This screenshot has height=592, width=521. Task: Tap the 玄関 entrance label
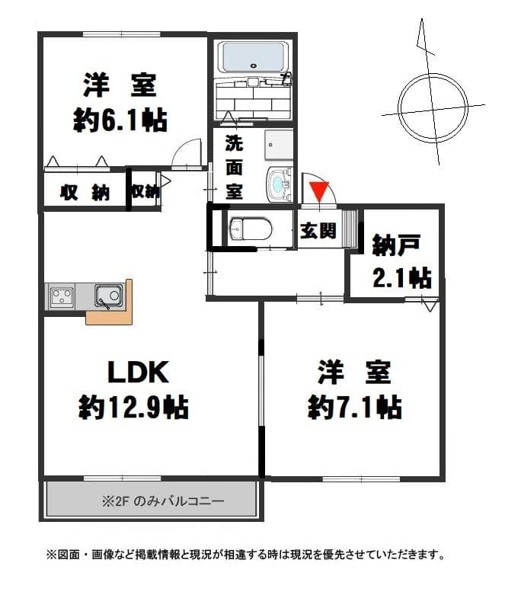pyautogui.click(x=318, y=231)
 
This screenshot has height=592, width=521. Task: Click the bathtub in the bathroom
pyautogui.click(x=252, y=56)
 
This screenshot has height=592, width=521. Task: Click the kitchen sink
pyautogui.click(x=107, y=295)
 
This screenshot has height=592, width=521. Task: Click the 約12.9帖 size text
pyautogui.click(x=133, y=408)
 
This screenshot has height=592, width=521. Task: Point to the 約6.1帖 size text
pyautogui.click(x=120, y=120)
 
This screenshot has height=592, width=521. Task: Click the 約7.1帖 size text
pyautogui.click(x=354, y=408)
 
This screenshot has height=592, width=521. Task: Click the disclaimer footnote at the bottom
pyautogui.click(x=245, y=554)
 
